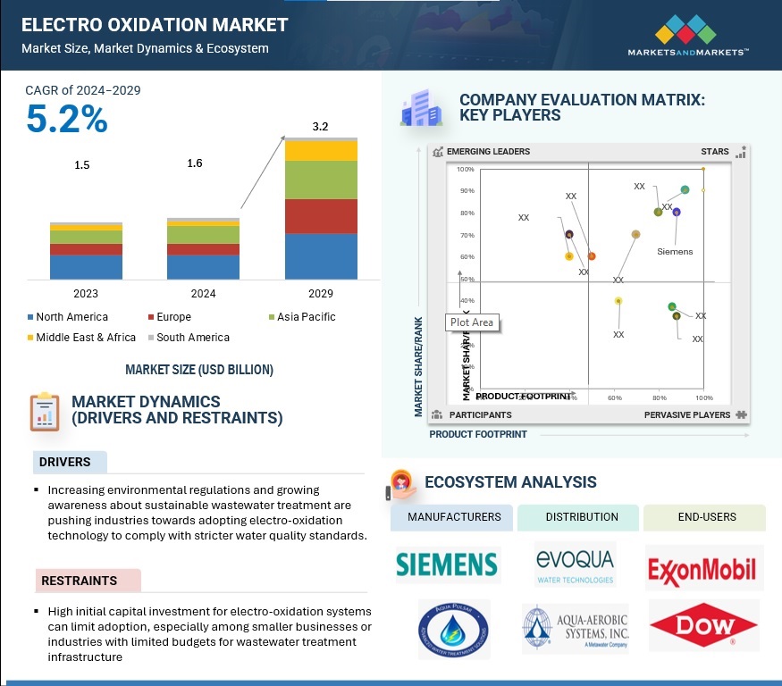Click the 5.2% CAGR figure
click(x=67, y=120)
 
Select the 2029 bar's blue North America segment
click(x=321, y=256)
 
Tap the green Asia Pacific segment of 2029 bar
click(x=321, y=180)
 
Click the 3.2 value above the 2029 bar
click(x=320, y=127)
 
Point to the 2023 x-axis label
click(x=86, y=293)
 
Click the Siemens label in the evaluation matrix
click(x=675, y=252)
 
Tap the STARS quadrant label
click(x=715, y=152)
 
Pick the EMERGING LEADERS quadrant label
click(x=488, y=152)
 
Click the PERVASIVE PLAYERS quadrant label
click(x=687, y=415)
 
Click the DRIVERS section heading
click(x=65, y=462)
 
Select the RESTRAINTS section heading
click(x=80, y=581)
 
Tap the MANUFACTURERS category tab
click(x=453, y=517)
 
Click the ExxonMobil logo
click(x=702, y=569)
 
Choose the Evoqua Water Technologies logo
click(x=575, y=565)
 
